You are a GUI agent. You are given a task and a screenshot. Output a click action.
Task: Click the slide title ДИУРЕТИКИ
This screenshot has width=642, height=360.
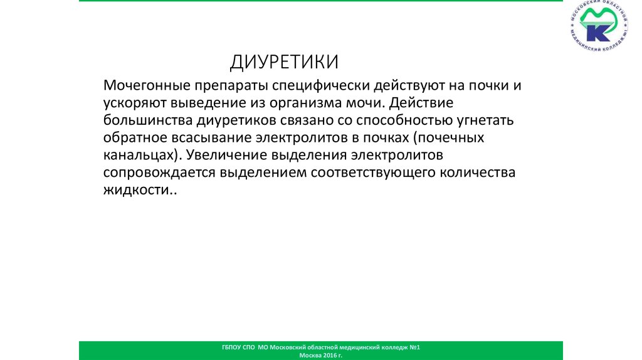point(284,62)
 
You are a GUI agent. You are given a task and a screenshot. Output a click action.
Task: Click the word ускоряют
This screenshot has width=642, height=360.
point(133,102)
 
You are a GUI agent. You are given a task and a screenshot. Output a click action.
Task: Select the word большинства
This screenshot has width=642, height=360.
point(144,120)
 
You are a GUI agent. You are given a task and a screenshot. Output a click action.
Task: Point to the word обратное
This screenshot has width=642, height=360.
point(132,137)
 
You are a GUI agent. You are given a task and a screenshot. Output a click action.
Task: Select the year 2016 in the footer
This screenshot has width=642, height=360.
point(330,355)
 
